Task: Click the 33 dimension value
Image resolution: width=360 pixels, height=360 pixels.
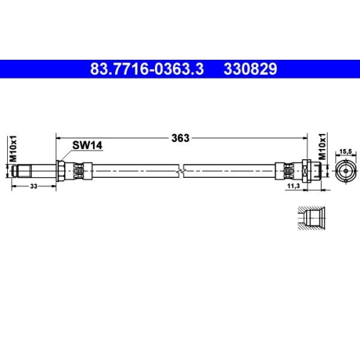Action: tap(35, 186)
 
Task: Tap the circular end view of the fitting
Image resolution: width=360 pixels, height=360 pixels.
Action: tap(344, 170)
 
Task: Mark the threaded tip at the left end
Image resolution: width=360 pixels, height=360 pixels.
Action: tap(19, 171)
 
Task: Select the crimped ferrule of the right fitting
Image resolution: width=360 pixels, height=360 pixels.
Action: tap(286, 171)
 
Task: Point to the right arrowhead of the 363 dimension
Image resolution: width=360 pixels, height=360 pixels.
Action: tap(304, 138)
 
